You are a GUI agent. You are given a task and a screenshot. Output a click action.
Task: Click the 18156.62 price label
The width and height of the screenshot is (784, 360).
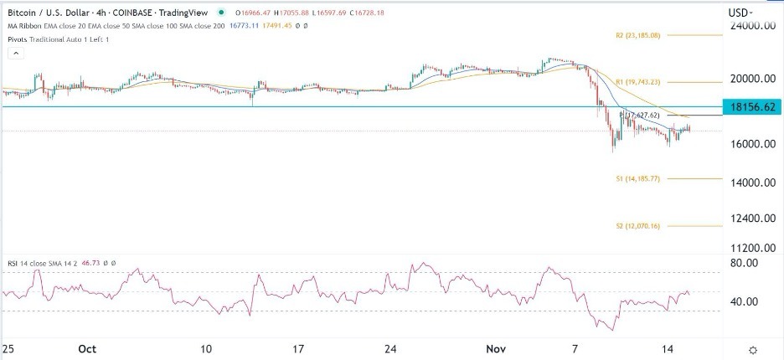pos(754,107)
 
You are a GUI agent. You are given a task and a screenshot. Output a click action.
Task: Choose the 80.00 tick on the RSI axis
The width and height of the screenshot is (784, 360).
pos(745,263)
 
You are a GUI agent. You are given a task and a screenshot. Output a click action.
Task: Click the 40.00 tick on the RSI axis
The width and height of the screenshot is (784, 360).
pos(745,301)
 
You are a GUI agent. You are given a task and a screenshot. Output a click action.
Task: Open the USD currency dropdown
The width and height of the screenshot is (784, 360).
pos(740,13)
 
